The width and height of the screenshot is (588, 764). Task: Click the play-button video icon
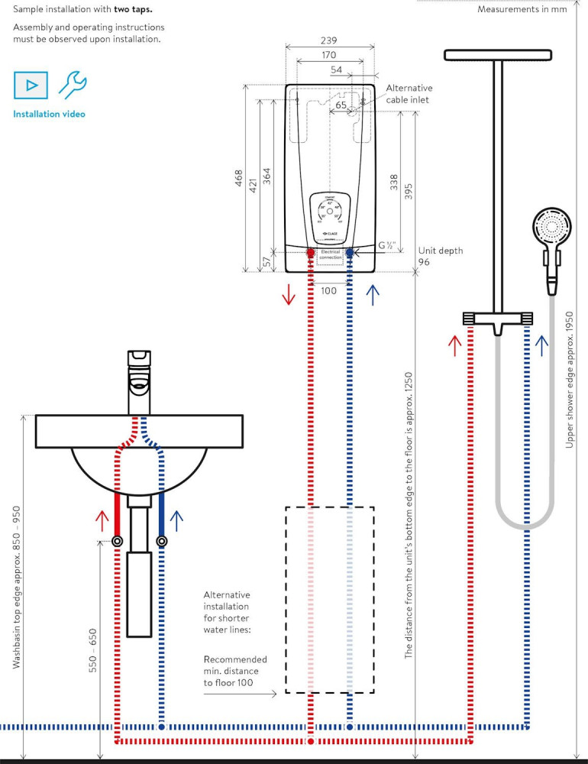[31, 85]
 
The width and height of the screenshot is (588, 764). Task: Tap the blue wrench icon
[72, 84]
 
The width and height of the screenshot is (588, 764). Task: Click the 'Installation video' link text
[49, 114]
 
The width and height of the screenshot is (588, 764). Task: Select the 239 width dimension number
[329, 40]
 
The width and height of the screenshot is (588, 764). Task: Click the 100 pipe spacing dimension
[329, 290]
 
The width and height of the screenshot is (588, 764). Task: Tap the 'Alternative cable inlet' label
[409, 94]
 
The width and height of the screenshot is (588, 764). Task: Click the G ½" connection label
[388, 246]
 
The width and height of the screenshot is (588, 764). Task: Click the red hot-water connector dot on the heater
[311, 252]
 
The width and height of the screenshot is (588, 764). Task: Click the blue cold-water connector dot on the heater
[350, 252]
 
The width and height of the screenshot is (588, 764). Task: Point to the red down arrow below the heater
[288, 294]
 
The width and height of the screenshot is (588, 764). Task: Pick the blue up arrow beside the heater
[373, 294]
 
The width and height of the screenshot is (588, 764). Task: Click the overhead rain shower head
[497, 56]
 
